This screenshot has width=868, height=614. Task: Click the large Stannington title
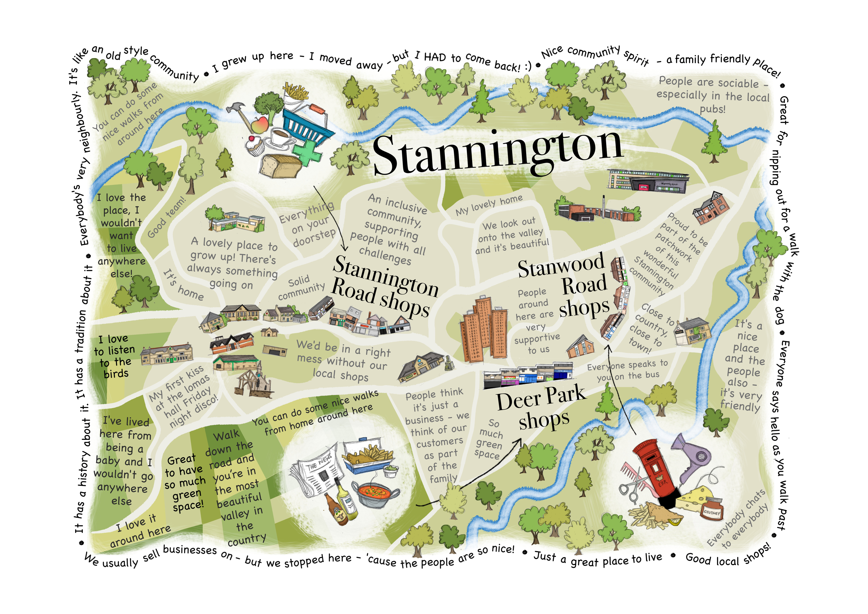tap(497, 153)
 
